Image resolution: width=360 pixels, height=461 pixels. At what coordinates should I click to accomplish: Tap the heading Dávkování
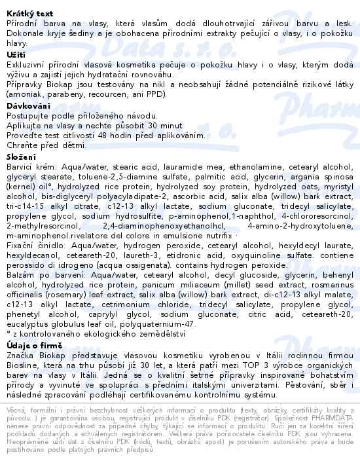pyautogui.click(x=28, y=105)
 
